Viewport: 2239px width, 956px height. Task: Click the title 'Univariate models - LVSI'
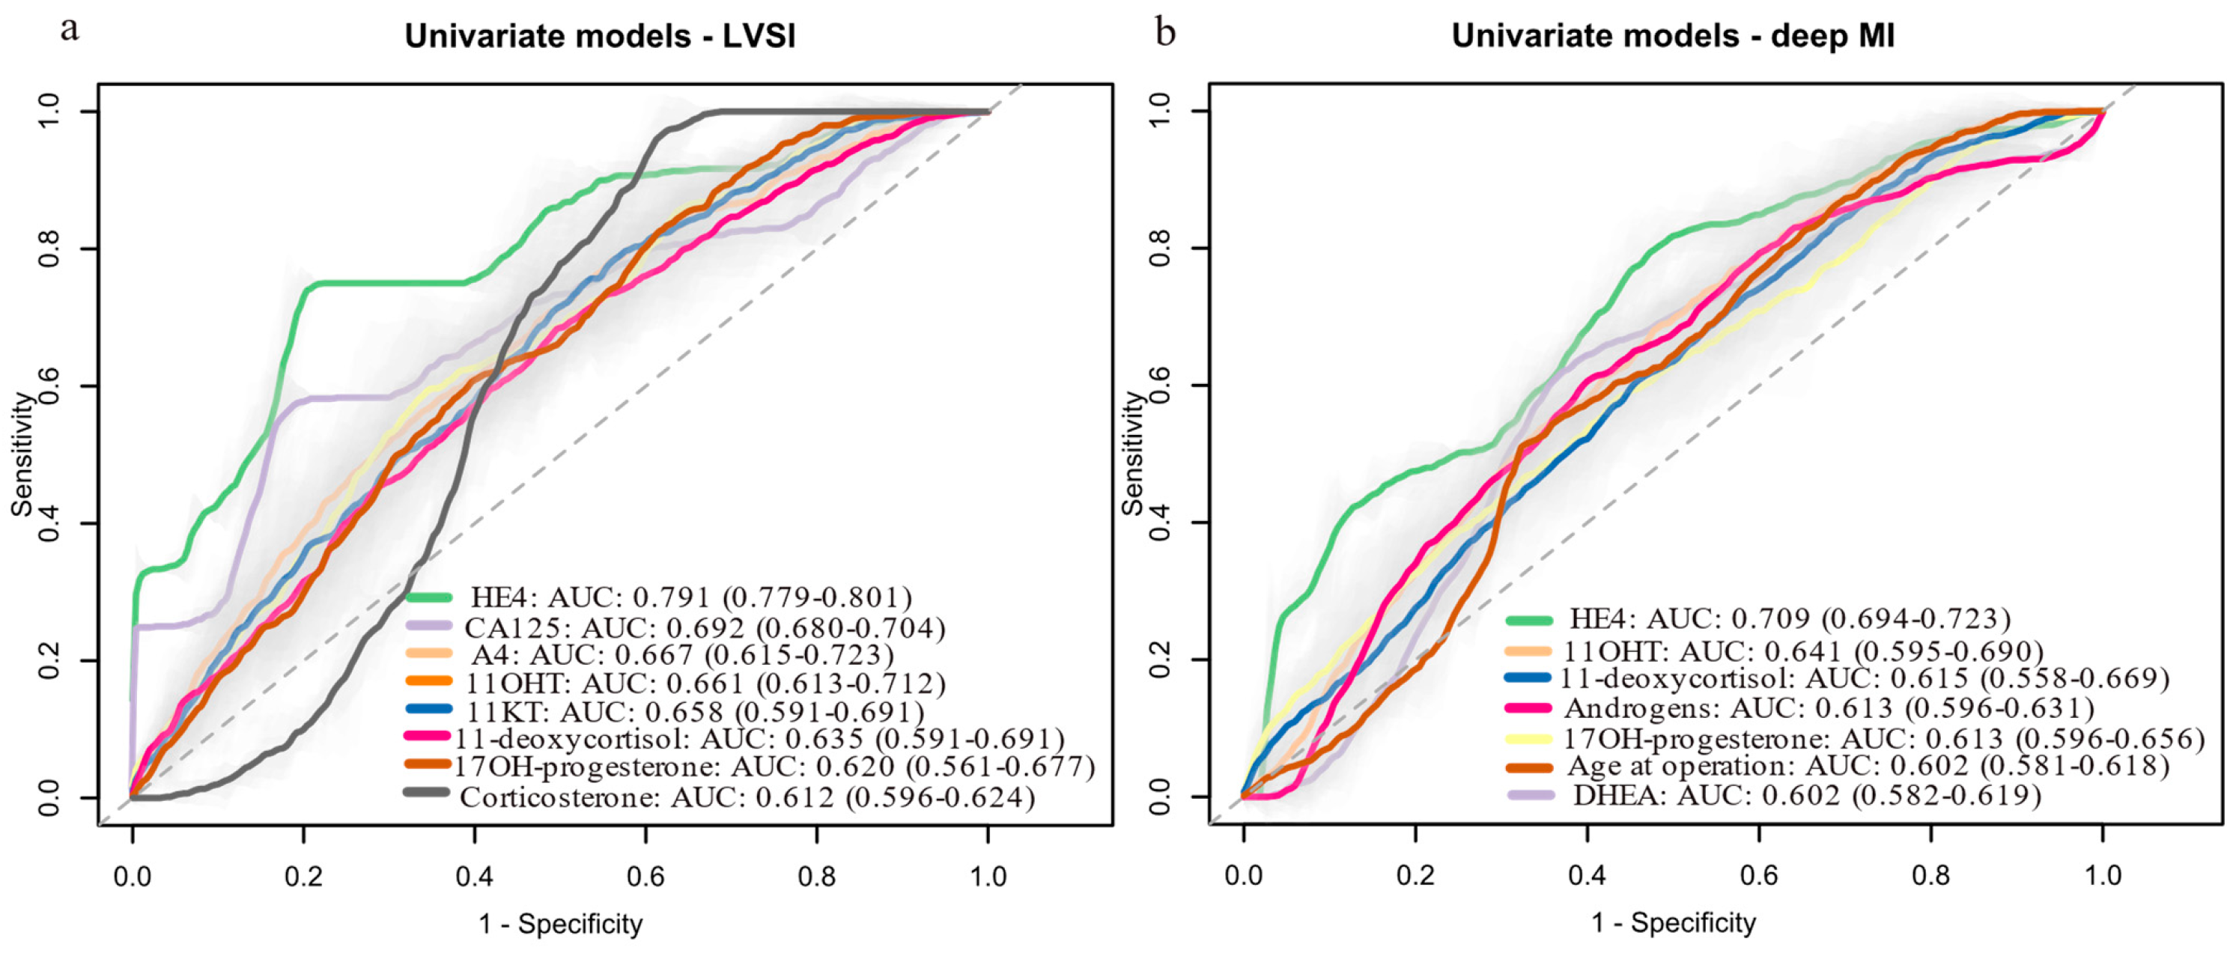(600, 37)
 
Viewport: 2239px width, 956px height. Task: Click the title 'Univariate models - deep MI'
(1673, 37)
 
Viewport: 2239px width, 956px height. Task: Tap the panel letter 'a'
(70, 31)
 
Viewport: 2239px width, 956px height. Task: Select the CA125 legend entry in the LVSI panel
(704, 627)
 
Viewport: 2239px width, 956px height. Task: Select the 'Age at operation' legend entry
(1869, 766)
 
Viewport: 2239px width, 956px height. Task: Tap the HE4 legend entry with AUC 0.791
(691, 598)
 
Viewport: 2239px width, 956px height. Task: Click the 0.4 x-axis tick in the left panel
(475, 876)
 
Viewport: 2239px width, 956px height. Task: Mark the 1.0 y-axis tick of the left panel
(49, 112)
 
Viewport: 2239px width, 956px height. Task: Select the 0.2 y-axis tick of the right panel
(1159, 660)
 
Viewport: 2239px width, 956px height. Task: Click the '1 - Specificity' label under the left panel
(561, 924)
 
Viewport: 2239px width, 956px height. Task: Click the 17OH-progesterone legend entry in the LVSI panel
(774, 767)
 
